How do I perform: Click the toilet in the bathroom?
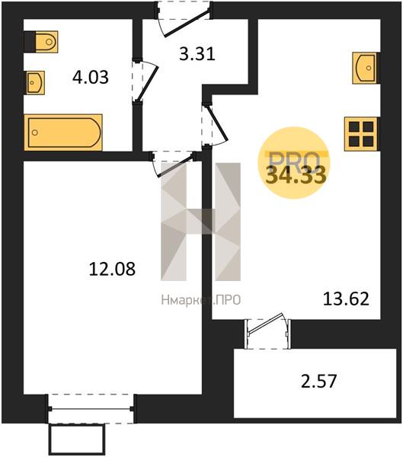point(46,42)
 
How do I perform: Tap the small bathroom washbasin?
point(35,82)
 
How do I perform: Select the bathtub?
point(63,133)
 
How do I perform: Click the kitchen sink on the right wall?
point(364,69)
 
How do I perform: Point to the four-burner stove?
point(361,134)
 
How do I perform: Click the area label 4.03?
point(91,78)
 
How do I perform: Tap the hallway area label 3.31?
point(197,54)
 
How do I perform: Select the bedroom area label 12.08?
point(112,269)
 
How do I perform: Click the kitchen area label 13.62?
point(346,299)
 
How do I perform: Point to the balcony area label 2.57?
point(318,382)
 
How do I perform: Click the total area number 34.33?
point(296,175)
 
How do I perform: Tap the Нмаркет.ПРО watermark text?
point(201,300)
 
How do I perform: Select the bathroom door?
point(145,81)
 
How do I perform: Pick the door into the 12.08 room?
point(173,164)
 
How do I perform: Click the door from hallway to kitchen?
point(215,125)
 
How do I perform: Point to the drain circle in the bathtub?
point(35,133)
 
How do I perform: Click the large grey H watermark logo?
point(201,222)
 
